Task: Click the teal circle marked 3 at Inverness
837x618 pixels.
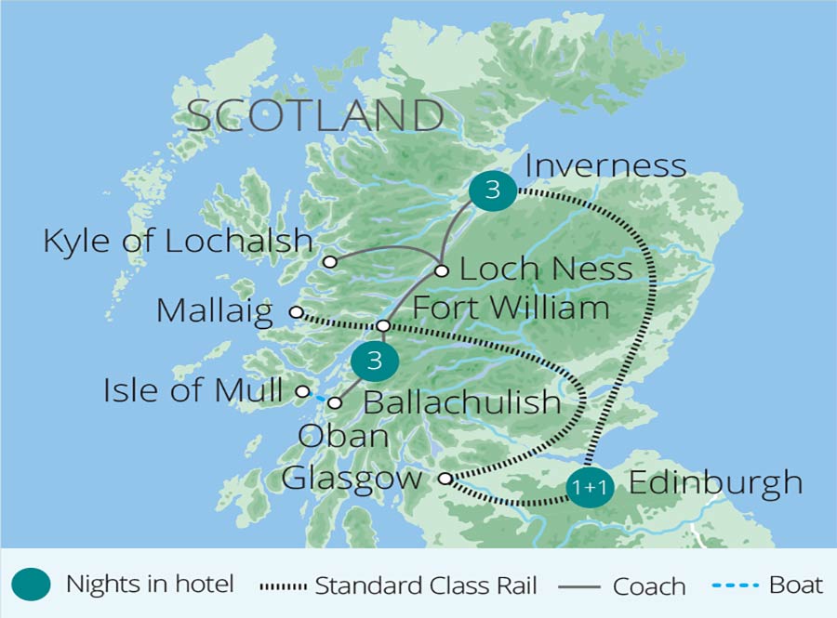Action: coord(493,191)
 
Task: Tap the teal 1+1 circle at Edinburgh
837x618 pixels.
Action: coord(591,487)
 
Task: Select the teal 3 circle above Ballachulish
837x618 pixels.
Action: coord(375,360)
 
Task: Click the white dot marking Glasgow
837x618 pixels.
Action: coord(445,479)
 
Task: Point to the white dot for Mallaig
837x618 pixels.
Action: coord(296,312)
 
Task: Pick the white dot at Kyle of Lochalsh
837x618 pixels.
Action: coord(329,262)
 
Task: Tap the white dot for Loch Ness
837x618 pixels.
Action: coord(442,271)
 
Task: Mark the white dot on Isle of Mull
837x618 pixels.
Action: coord(302,392)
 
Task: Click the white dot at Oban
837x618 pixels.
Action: coord(335,402)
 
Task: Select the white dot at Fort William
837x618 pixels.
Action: coord(383,325)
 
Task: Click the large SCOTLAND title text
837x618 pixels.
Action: coord(315,116)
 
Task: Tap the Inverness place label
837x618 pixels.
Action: coord(605,165)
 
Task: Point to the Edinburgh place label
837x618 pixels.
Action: coord(715,482)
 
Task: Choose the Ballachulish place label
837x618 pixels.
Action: coord(461,402)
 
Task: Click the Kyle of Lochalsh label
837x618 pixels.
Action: coord(178,241)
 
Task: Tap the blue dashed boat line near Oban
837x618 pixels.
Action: coord(319,398)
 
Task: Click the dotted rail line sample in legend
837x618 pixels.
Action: coord(285,586)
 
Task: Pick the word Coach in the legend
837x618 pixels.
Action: coord(648,586)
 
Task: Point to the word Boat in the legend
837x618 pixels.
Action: coord(795,585)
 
